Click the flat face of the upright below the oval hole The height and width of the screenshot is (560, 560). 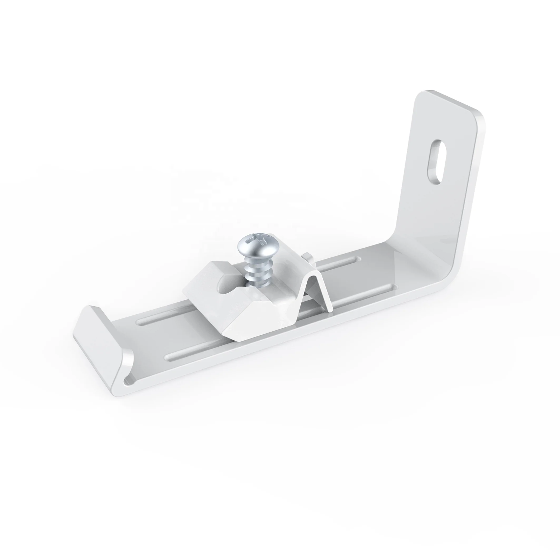click(x=426, y=220)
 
